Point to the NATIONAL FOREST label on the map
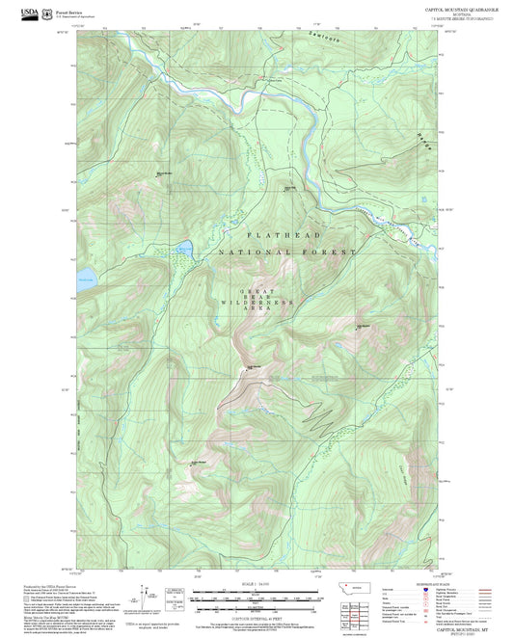(286, 252)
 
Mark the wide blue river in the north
(306, 135)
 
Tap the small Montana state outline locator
(359, 587)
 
